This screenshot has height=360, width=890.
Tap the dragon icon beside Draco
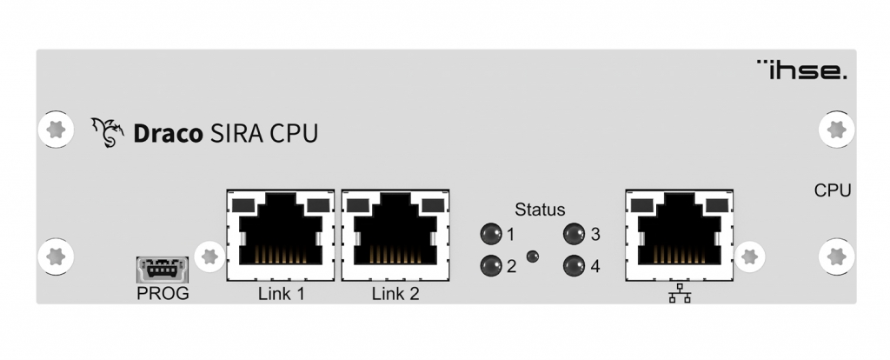[109, 133]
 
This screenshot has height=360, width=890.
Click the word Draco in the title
[165, 134]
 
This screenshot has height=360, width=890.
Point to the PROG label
[163, 293]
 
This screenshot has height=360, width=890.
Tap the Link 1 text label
[282, 294]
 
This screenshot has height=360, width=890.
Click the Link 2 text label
[395, 294]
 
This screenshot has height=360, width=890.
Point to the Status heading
[540, 210]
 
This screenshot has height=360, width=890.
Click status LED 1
[490, 234]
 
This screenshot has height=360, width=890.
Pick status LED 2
[490, 266]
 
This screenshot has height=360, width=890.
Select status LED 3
[574, 234]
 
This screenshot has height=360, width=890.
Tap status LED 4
[574, 266]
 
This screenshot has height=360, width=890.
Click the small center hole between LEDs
[533, 256]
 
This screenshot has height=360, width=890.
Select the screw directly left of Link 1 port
[209, 256]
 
